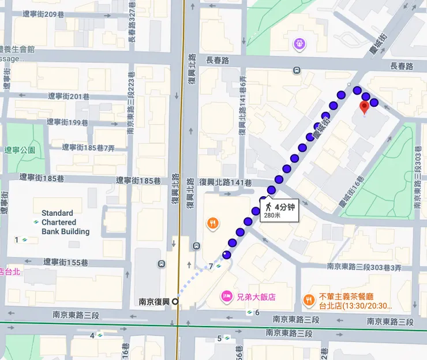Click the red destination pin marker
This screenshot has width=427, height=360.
[364, 107]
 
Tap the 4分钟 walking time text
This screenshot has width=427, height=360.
[284, 207]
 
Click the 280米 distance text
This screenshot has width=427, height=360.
[272, 215]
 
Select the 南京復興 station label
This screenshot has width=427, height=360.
[155, 301]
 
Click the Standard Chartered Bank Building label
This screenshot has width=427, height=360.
[65, 222]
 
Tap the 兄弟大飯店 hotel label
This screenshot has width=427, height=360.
[256, 297]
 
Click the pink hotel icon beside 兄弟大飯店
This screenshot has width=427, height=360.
[227, 297]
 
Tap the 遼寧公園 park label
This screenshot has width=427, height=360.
[20, 149]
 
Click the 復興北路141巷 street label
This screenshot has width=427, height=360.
[225, 182]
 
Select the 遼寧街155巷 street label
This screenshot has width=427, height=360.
[66, 262]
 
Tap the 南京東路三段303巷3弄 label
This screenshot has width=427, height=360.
[364, 267]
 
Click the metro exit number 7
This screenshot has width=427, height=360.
[211, 266]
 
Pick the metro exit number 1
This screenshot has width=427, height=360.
[17, 239]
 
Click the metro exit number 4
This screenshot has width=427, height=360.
[92, 335]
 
